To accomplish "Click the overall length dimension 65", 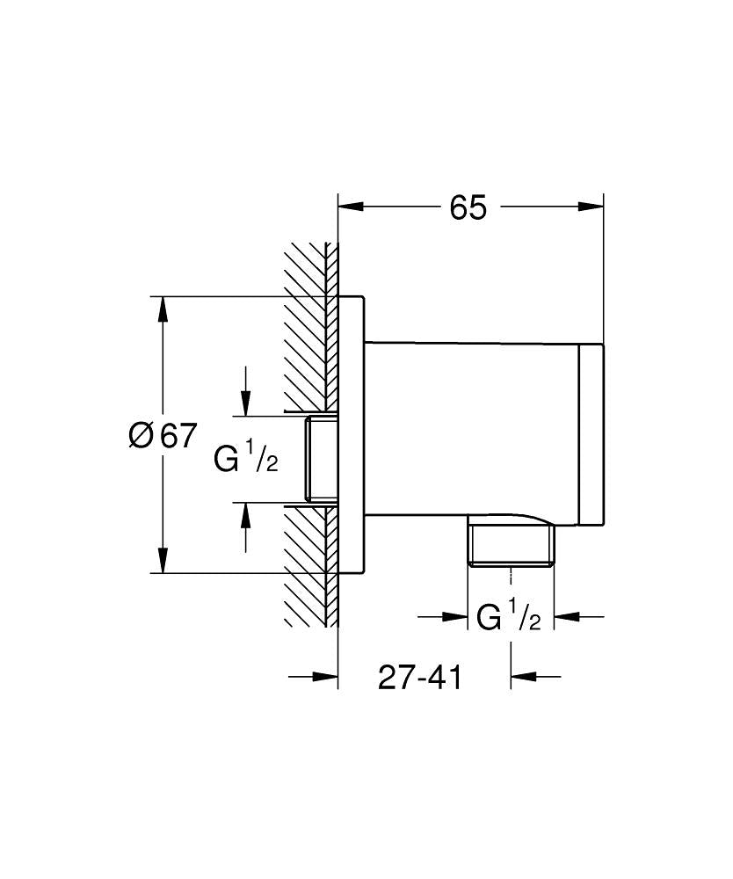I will pos(468,208).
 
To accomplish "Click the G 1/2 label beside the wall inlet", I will pos(246,457).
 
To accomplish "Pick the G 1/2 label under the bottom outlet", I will pos(508,617).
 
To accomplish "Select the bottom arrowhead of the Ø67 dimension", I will pos(163,560).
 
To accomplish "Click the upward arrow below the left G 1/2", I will pos(246,515).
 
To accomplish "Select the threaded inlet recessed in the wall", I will pos(321,458).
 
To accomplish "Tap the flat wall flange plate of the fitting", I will pos(351,435).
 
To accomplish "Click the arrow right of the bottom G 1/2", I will pos(568,617).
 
